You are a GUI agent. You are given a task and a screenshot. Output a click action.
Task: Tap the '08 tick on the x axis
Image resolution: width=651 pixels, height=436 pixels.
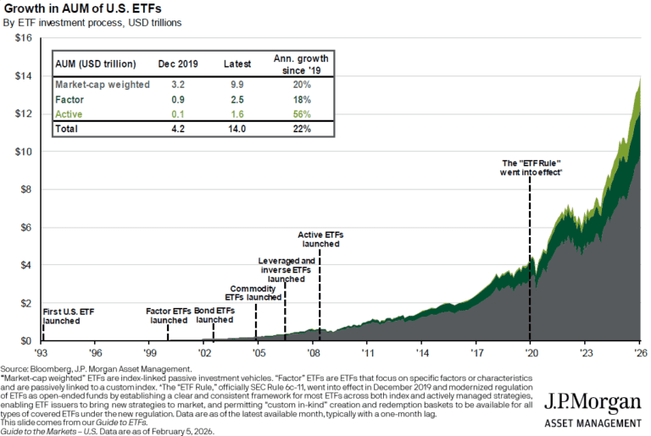[x=314, y=352]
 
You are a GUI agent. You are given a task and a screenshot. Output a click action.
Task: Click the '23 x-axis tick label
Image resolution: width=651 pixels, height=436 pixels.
[x=585, y=352]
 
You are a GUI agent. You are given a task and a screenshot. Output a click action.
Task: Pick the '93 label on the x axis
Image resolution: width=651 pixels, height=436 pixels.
[x=42, y=352]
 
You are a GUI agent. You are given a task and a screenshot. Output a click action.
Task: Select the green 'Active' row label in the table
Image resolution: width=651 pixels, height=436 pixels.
[x=70, y=114]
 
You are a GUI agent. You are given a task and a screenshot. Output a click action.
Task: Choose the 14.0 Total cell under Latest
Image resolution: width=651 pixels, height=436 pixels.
[x=236, y=130]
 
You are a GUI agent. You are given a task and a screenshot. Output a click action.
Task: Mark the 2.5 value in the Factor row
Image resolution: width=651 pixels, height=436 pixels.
[x=236, y=100]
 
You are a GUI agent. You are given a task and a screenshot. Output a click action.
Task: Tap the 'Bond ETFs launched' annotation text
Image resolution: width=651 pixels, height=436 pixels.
[x=214, y=316]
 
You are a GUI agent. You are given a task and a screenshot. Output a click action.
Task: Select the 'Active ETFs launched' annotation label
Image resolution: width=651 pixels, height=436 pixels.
[x=320, y=239]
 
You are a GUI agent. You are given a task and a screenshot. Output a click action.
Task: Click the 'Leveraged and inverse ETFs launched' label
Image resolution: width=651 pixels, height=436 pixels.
[x=286, y=270]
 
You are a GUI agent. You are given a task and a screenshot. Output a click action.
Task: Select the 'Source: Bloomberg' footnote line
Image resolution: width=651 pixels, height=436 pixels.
[x=95, y=370]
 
